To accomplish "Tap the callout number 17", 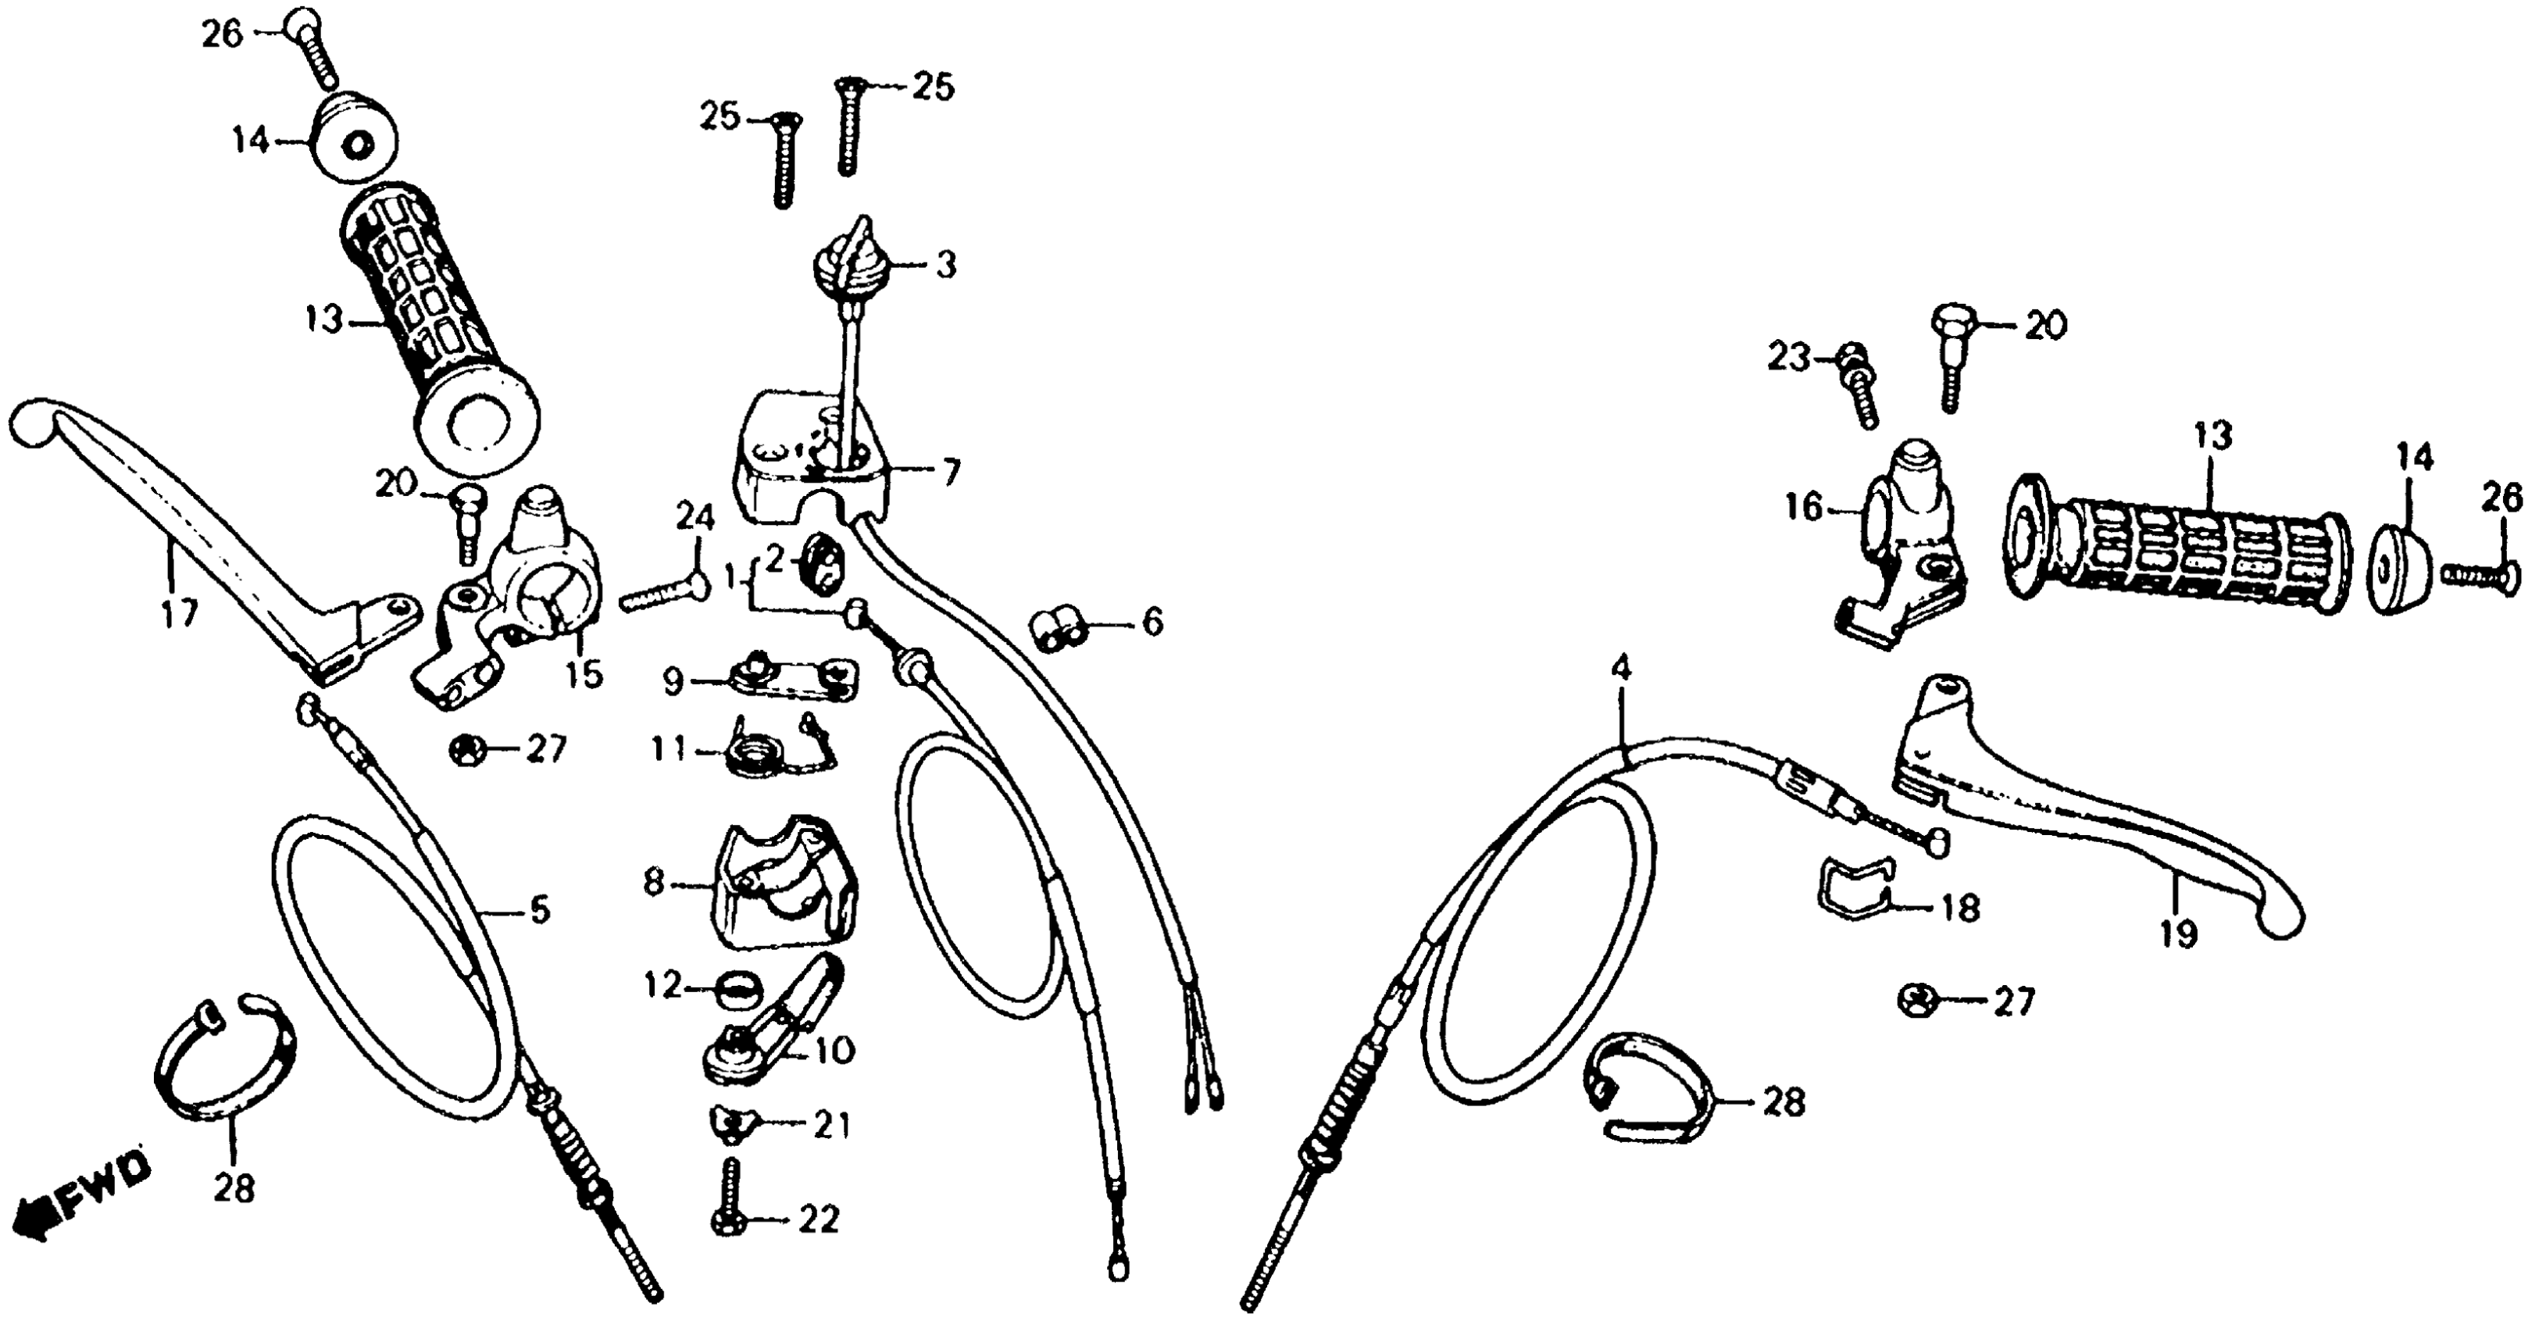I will [180, 612].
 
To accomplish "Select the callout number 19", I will [2179, 932].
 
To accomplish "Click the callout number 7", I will [949, 473].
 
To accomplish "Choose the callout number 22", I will [819, 1219].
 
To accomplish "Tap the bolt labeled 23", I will [1857, 390].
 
